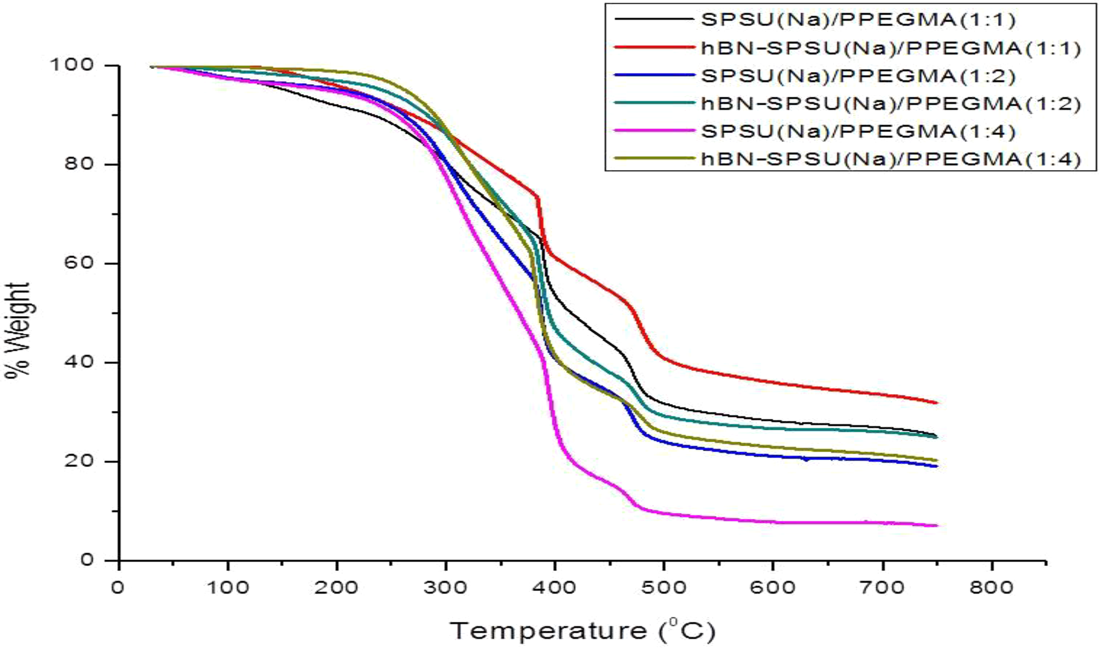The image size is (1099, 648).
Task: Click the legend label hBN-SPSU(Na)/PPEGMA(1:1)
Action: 890,48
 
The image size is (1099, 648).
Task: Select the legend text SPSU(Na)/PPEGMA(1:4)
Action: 858,131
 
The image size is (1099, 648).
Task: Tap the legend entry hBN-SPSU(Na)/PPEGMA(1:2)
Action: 890,104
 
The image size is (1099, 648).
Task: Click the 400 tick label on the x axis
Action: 555,588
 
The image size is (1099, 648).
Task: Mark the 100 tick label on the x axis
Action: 228,588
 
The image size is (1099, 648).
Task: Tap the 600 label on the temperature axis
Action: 772,588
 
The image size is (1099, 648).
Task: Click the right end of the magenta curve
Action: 936,525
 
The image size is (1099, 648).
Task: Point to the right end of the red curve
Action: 936,403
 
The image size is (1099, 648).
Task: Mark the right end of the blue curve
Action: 936,466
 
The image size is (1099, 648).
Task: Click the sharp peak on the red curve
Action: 537,196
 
